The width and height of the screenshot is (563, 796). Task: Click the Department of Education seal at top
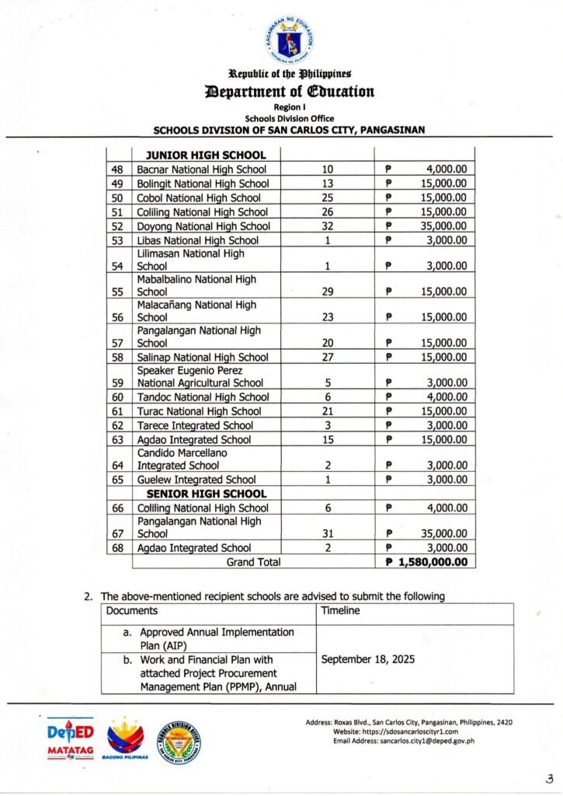pyautogui.click(x=289, y=40)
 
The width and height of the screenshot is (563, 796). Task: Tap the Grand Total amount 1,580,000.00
pyautogui.click(x=426, y=561)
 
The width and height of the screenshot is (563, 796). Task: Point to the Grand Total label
pyautogui.click(x=253, y=561)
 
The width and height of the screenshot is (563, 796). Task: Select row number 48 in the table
pyautogui.click(x=119, y=169)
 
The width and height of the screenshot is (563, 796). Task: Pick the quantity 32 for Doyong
pyautogui.click(x=327, y=226)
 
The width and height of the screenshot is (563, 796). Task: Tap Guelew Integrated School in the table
pyautogui.click(x=196, y=480)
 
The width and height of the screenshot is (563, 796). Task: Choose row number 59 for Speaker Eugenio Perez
pyautogui.click(x=119, y=382)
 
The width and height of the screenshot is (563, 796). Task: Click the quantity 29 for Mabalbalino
pyautogui.click(x=327, y=292)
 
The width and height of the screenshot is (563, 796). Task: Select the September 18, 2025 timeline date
pyautogui.click(x=367, y=659)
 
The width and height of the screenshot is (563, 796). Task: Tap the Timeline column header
pyautogui.click(x=341, y=611)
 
